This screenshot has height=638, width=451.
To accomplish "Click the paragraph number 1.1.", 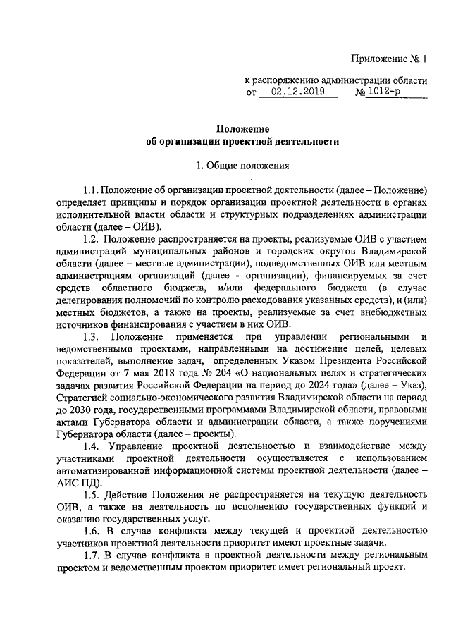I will coord(90,190).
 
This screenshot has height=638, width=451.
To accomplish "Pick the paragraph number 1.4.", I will coord(92,446).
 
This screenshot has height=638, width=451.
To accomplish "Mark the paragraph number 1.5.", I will coord(90,497).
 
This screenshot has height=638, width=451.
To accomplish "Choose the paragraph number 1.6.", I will coord(90,529).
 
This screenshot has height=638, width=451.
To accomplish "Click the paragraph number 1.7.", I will coord(90,555).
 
